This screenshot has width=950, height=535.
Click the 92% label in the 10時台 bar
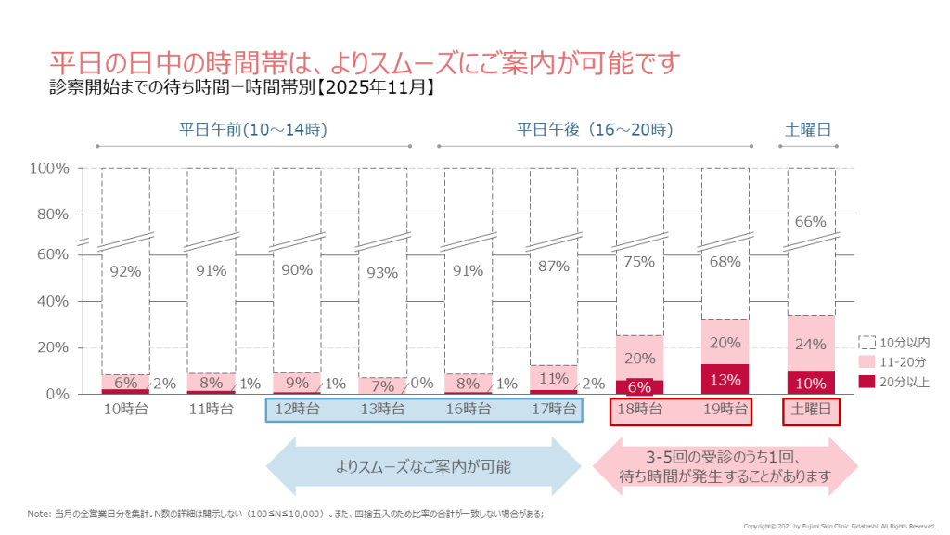click(125, 272)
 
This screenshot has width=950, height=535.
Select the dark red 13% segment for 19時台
click(725, 379)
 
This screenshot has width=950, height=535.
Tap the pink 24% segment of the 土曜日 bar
click(811, 344)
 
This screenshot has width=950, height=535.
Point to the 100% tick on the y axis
click(49, 169)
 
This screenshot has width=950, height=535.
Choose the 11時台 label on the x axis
click(211, 409)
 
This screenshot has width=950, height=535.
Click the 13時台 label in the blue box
click(381, 409)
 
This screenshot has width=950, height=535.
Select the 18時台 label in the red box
click(639, 409)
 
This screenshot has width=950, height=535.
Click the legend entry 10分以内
click(895, 342)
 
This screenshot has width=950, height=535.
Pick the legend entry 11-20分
click(896, 361)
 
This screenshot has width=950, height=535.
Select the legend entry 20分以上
click(895, 381)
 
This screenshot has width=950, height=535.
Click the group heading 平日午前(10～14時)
click(252, 129)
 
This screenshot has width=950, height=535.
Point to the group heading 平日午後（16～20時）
click(594, 129)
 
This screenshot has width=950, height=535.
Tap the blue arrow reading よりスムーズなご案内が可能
click(423, 466)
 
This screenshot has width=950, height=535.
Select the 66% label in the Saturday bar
click(811, 221)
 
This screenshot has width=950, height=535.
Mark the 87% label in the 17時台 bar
click(553, 267)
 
